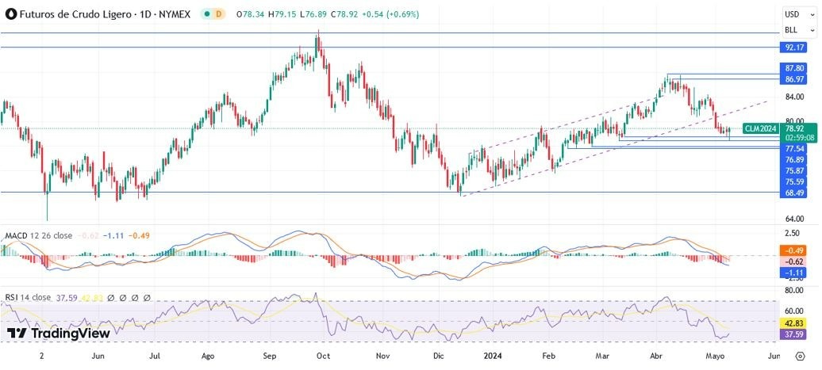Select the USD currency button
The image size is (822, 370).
click(792, 14)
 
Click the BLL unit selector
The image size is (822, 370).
click(792, 30)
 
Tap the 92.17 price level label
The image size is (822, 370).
click(794, 48)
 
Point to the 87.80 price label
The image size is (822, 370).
click(794, 69)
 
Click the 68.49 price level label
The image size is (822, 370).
click(794, 193)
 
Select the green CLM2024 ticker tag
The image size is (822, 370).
click(760, 128)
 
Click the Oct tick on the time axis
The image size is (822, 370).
click(323, 357)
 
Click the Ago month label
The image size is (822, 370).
click(209, 357)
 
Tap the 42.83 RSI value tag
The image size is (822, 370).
click(794, 323)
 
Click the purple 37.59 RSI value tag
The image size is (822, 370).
click(794, 334)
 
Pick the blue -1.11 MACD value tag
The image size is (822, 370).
click(794, 273)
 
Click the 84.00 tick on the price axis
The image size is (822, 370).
click(794, 97)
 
